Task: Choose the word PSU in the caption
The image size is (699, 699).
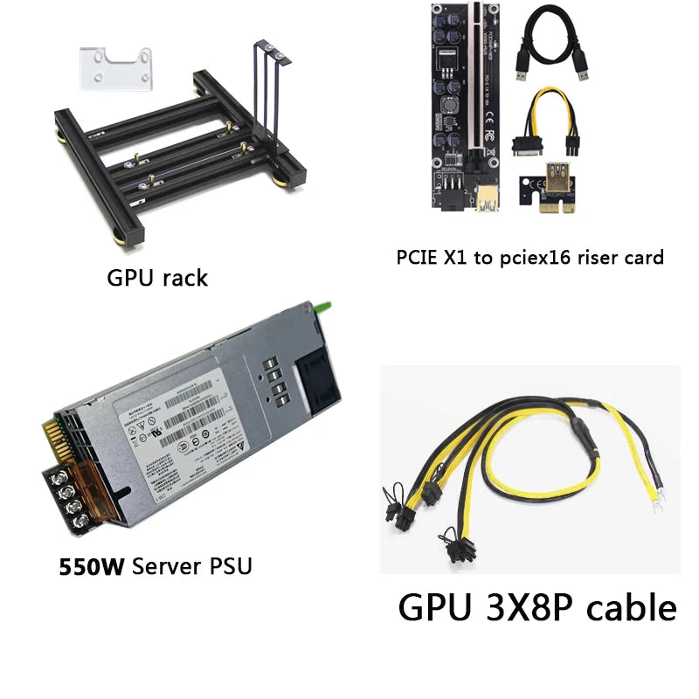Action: point(228,566)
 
